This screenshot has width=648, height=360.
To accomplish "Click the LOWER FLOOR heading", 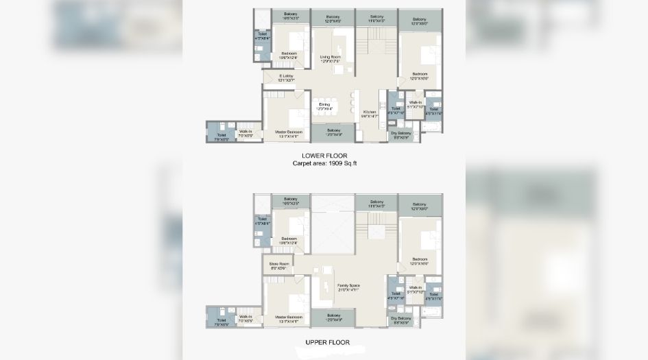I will [x=325, y=156].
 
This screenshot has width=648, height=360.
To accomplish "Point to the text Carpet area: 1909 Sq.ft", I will [x=325, y=165].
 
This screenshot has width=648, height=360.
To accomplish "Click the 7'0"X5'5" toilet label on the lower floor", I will [x=221, y=136].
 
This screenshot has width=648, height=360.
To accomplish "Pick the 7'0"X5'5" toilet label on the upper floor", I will [x=221, y=322].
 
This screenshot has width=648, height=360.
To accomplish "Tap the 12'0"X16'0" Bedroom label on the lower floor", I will [x=420, y=76].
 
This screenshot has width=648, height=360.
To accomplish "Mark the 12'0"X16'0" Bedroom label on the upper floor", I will [x=420, y=261].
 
